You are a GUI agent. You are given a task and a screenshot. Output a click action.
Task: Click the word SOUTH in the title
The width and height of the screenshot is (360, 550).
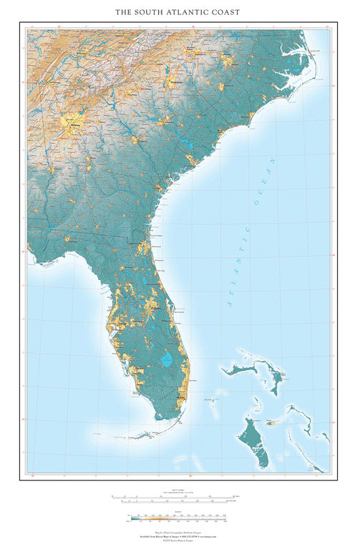153,12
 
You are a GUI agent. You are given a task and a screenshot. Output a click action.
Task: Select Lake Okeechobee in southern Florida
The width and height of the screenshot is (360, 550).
166,360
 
